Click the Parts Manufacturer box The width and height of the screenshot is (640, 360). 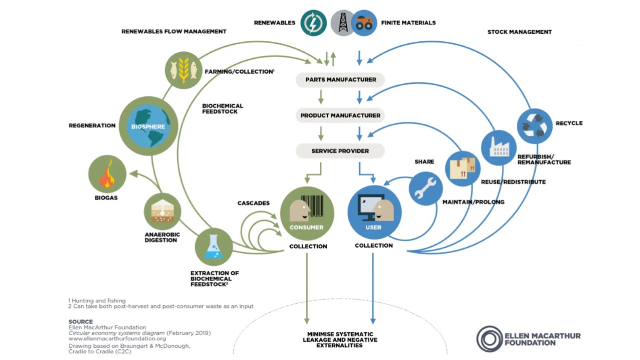coord(340,80)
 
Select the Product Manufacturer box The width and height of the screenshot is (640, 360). coord(340,115)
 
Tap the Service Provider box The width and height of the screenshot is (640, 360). coord(340,151)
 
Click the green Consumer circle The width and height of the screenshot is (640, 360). coord(307,213)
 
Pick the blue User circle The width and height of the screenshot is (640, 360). coord(374,213)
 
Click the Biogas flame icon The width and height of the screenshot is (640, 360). coord(107,174)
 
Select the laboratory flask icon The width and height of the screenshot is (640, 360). coord(213,247)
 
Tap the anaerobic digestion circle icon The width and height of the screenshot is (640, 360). coord(163,211)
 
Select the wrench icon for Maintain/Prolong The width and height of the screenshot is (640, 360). coord(426,189)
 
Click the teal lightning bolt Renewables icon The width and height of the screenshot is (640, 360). coord(313,23)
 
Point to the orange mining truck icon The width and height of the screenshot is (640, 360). coord(364,23)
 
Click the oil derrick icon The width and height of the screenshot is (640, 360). coord(342,23)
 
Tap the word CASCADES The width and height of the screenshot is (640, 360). coord(253,203)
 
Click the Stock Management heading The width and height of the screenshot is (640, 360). coord(519,32)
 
